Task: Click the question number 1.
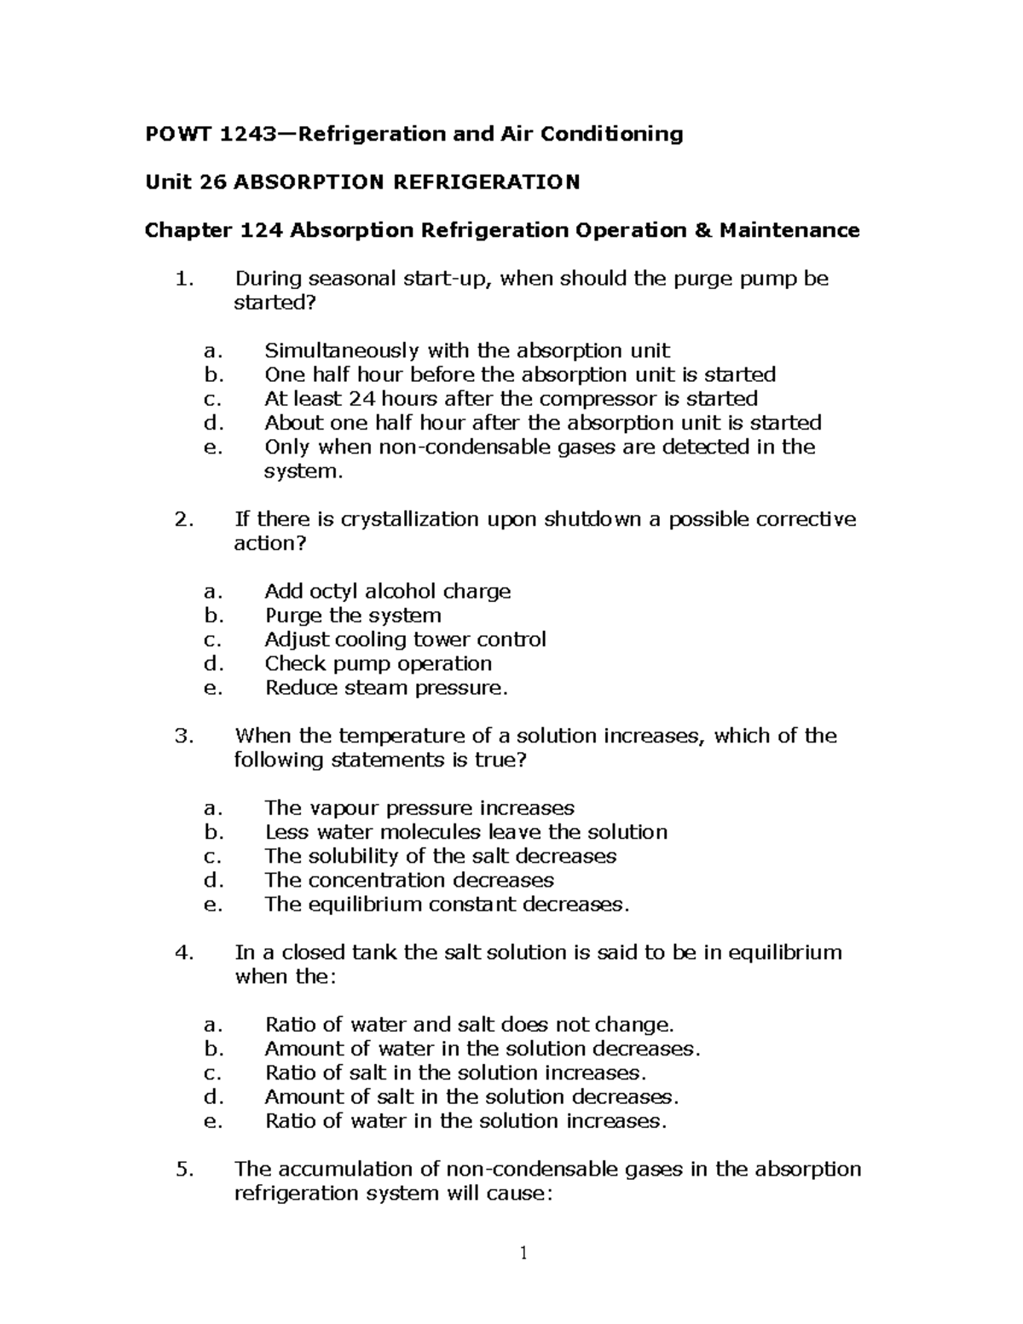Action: coord(179,279)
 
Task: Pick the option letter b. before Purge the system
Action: coord(213,616)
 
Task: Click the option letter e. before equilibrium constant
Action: coord(213,904)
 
